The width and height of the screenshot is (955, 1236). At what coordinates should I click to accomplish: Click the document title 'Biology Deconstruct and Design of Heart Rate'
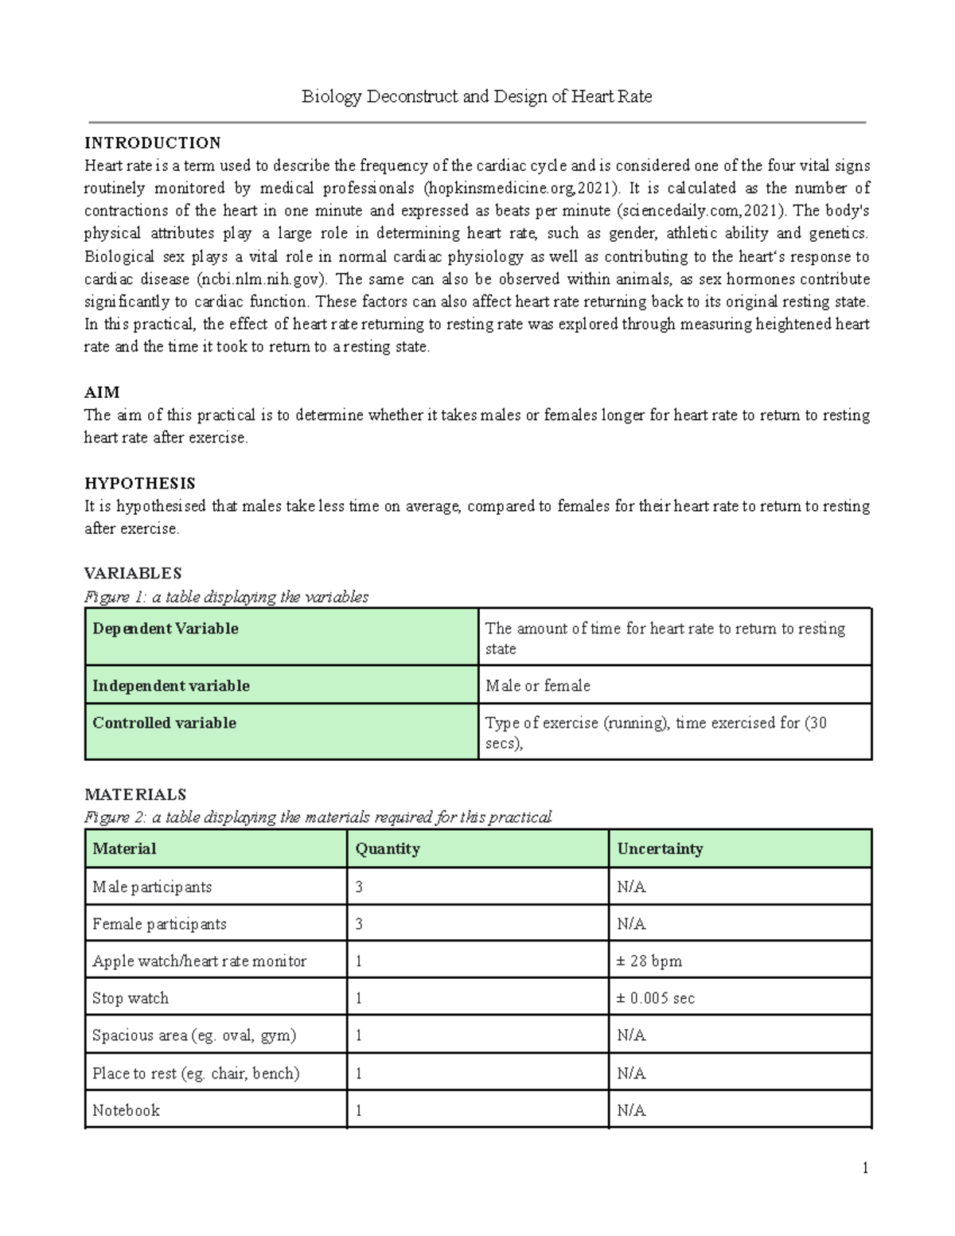[x=477, y=97]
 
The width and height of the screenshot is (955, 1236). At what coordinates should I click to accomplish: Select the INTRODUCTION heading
[x=153, y=143]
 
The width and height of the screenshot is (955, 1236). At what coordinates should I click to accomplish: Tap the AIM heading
[x=102, y=392]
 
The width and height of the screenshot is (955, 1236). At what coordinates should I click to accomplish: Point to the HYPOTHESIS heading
[x=140, y=484]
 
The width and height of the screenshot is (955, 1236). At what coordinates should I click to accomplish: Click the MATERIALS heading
[x=135, y=794]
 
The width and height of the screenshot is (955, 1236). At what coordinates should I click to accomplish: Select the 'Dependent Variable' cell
[x=166, y=629]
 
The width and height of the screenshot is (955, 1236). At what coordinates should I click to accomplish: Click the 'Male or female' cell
[x=538, y=685]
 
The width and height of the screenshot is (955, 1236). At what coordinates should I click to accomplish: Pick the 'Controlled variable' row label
[x=164, y=723]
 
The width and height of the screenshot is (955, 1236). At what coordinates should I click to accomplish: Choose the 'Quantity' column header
[x=388, y=849]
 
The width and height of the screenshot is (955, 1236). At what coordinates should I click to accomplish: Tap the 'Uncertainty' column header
[x=660, y=849]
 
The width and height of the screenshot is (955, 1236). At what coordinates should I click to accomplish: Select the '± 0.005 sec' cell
[x=655, y=998]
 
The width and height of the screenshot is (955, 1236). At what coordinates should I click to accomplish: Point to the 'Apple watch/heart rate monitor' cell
[x=199, y=961]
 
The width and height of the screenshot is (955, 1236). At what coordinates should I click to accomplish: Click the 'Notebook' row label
[x=126, y=1110]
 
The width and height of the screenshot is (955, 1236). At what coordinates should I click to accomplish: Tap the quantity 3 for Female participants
[x=359, y=924]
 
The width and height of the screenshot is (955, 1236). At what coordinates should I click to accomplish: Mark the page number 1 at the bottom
[x=865, y=1168]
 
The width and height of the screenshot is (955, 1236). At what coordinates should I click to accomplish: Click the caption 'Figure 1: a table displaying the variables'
[x=226, y=597]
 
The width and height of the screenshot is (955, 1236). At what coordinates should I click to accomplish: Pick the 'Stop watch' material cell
[x=131, y=998]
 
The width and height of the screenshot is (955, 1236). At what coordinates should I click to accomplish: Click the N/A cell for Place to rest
[x=631, y=1074]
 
